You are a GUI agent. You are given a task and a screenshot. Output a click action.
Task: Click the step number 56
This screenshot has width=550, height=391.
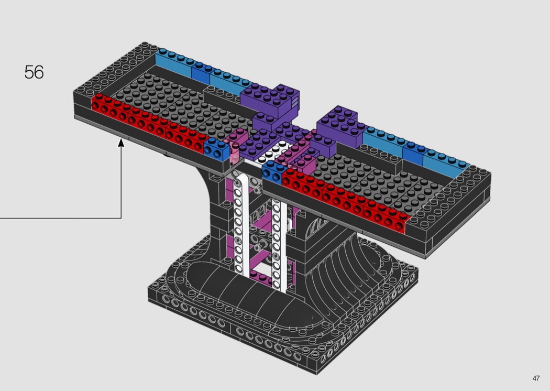tap(34, 72)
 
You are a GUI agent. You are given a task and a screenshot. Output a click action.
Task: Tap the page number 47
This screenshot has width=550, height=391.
tap(536, 378)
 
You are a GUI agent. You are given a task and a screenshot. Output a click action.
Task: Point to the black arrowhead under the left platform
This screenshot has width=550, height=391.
tap(121, 143)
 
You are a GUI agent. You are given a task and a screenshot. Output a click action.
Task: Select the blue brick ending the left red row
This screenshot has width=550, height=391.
tap(217, 148)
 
